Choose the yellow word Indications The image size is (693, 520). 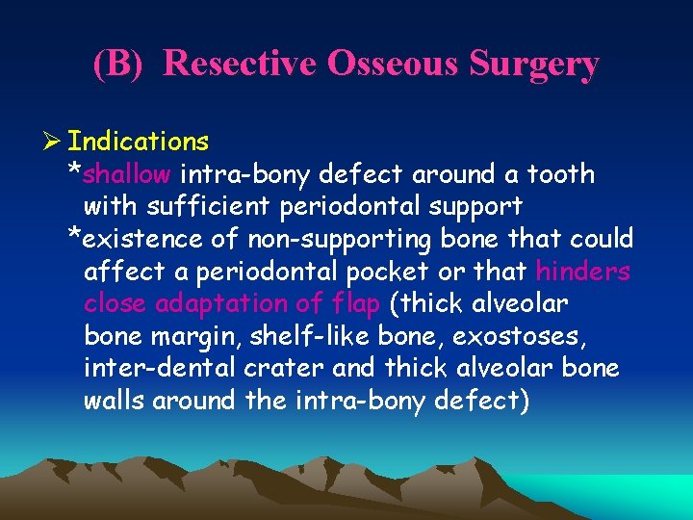point(139,143)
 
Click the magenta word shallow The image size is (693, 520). point(127,174)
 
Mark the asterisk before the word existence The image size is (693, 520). point(74,237)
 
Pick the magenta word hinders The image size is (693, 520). point(583,272)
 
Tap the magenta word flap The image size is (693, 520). point(357,304)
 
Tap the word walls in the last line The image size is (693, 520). point(116,401)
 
